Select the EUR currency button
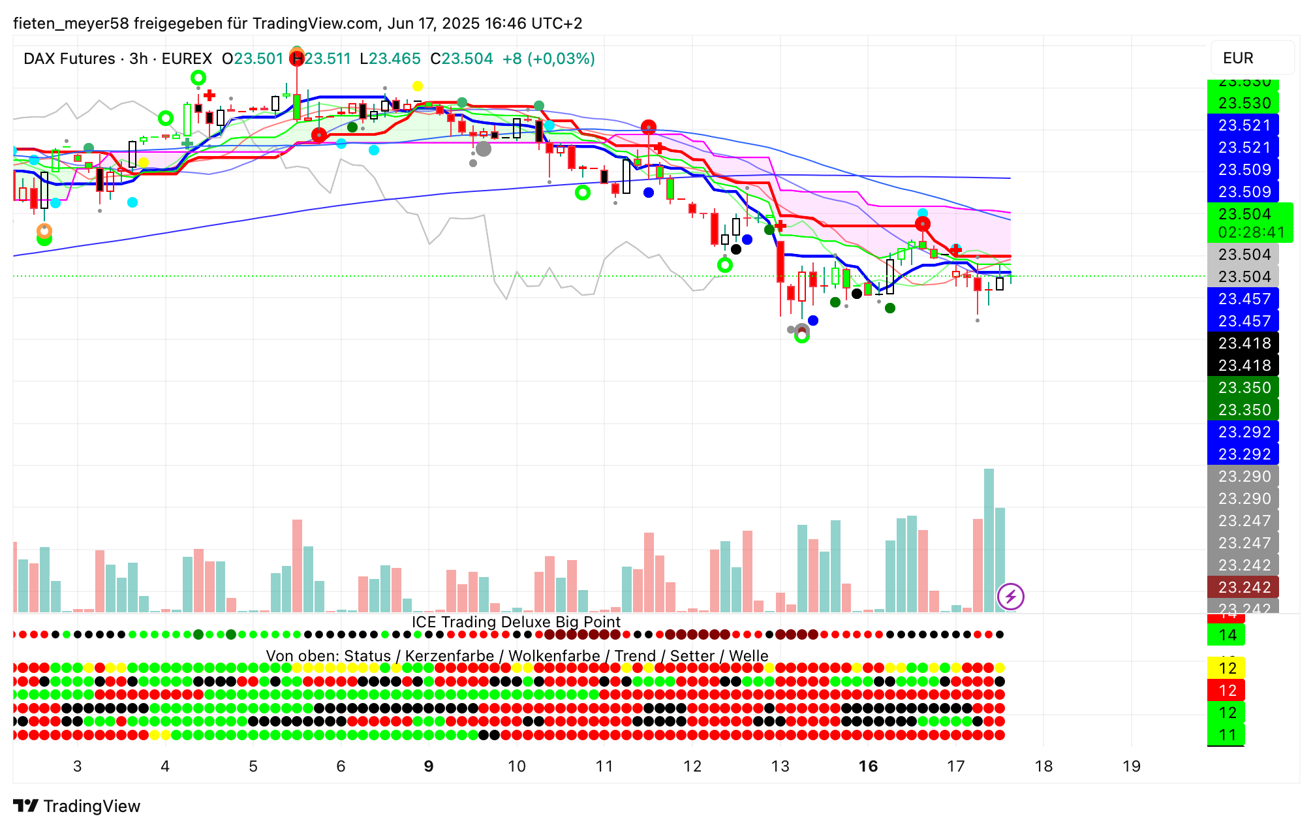(x=1238, y=58)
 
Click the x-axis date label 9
(x=429, y=766)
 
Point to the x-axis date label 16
(x=868, y=766)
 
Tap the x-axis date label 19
(x=1132, y=766)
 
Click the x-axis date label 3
(x=78, y=766)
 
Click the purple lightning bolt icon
(x=1010, y=596)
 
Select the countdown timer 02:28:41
(x=1250, y=232)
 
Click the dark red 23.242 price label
(x=1244, y=587)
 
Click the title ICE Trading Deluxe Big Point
(x=516, y=622)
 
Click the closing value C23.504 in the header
(x=461, y=59)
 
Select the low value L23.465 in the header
(x=390, y=59)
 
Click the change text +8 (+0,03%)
(x=548, y=59)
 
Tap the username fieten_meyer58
(x=70, y=23)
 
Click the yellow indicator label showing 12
(x=1227, y=668)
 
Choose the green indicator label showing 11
(x=1227, y=735)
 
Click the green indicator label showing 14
(x=1227, y=635)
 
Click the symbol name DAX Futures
(x=69, y=59)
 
